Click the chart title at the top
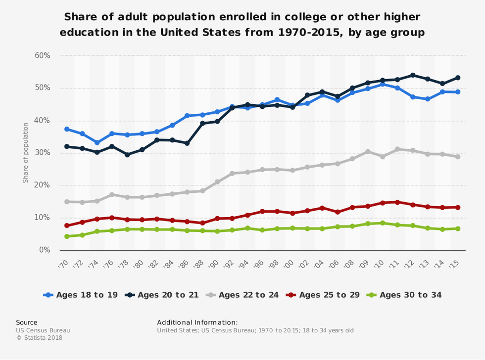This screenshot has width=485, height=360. (242, 25)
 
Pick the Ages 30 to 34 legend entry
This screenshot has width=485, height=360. (405, 295)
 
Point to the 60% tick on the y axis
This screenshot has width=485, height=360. (42, 55)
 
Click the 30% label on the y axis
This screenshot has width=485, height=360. (42, 153)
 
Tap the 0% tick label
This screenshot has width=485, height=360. (44, 250)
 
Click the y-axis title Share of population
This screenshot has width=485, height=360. (26, 153)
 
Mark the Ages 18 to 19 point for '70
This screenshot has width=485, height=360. (67, 129)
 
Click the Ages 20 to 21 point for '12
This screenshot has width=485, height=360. (413, 75)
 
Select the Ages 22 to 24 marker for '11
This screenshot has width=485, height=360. (397, 149)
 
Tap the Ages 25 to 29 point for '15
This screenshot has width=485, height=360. (458, 207)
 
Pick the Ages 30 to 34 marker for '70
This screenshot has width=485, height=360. (67, 236)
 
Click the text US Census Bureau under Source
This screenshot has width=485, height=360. (43, 330)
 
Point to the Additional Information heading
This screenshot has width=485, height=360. (197, 322)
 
